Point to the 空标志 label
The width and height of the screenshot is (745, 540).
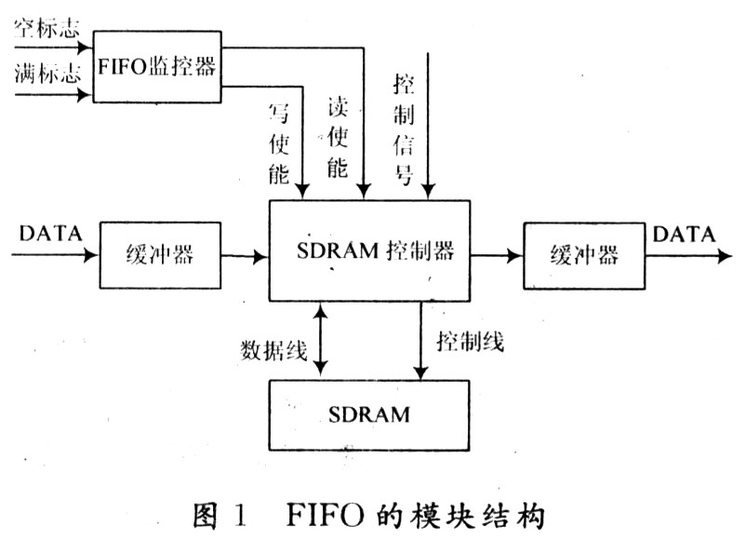pos(47,30)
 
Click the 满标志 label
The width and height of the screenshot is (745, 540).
pos(47,74)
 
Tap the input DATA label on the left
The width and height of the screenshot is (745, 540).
pos(50,234)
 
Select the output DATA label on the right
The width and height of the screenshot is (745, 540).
pos(684,234)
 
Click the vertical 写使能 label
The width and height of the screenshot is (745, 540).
pos(279,143)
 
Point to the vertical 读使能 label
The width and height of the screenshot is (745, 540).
pos(338,138)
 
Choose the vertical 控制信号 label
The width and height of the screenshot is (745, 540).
pos(404,129)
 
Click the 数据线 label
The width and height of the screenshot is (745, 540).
pos(273,351)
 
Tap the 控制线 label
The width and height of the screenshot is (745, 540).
pos(471,342)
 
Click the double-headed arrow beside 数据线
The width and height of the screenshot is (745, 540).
pos(321,339)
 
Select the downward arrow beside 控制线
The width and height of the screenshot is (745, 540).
pos(420,341)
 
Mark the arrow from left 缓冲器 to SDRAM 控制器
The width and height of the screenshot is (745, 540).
pos(245,256)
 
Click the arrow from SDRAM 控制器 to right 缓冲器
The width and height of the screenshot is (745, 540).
pos(497,255)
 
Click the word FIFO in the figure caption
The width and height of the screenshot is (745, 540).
pos(326,515)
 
